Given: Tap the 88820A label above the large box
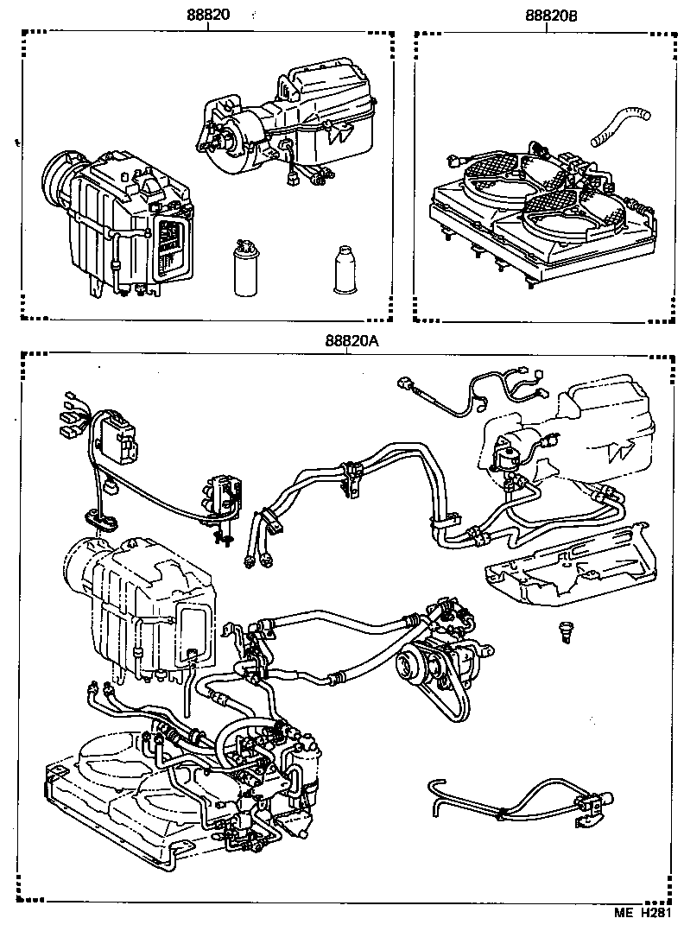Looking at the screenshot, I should (351, 340).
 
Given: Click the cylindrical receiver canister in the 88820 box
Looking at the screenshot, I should (246, 268).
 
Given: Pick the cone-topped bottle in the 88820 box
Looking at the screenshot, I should (344, 270).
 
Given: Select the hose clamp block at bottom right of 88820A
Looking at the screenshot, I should (595, 804).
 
